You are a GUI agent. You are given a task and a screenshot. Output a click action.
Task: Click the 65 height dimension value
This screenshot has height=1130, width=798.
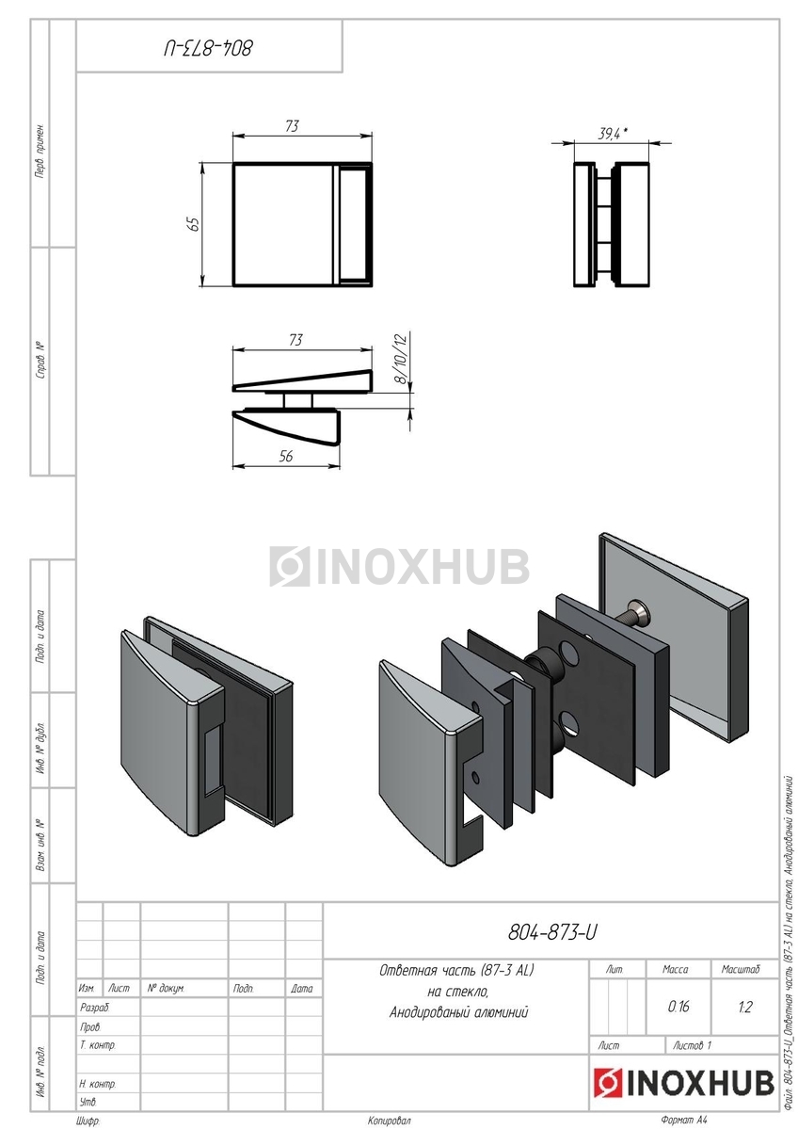coord(194,224)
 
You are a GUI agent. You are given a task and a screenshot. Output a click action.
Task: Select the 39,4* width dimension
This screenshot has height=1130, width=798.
coord(613,134)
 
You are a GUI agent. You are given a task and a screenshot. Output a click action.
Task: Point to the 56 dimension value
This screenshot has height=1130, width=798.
coord(286,456)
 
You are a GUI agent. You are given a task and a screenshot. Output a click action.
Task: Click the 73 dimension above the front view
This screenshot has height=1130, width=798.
coord(292,125)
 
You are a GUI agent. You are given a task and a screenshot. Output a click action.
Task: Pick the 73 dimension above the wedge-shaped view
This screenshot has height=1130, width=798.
coord(295,340)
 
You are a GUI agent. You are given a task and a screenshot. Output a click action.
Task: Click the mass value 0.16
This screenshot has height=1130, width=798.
coord(678,1007)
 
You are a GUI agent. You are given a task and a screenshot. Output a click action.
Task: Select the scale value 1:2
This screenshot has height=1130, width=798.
coord(744,1007)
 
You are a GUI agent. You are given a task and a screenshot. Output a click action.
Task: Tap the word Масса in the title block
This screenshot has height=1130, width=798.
coord(675,969)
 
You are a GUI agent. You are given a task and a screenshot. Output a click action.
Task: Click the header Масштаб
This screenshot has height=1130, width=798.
coord(741,969)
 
